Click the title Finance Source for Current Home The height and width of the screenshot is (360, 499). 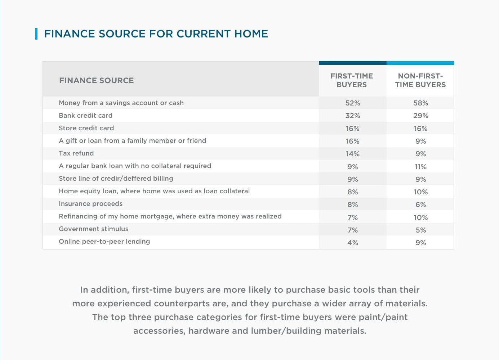pyautogui.click(x=156, y=34)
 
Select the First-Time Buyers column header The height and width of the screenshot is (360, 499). pyautogui.click(x=352, y=80)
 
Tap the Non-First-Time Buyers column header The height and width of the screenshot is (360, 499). pyautogui.click(x=420, y=80)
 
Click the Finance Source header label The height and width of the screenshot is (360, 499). pyautogui.click(x=96, y=81)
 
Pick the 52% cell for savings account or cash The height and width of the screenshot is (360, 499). pyautogui.click(x=352, y=103)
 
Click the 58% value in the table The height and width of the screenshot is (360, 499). pyautogui.click(x=420, y=103)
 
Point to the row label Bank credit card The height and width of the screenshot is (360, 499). pyautogui.click(x=85, y=116)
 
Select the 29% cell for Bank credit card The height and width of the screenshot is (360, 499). pyautogui.click(x=420, y=116)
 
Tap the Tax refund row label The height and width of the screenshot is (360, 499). pyautogui.click(x=76, y=153)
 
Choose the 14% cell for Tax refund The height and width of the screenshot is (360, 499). pyautogui.click(x=352, y=154)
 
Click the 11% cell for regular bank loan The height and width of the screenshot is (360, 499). pyautogui.click(x=420, y=167)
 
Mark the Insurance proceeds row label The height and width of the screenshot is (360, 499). pyautogui.click(x=90, y=204)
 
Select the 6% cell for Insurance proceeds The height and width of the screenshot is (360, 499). pyautogui.click(x=420, y=204)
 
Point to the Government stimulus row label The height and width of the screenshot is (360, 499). pyautogui.click(x=93, y=229)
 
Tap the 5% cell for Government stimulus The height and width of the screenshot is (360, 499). pyautogui.click(x=420, y=230)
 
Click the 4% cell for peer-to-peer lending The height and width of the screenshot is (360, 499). pyautogui.click(x=352, y=243)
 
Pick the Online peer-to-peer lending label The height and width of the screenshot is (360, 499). pyautogui.click(x=104, y=242)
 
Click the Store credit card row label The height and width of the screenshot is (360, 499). pyautogui.click(x=86, y=128)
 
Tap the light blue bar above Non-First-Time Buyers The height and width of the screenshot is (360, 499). pyautogui.click(x=420, y=63)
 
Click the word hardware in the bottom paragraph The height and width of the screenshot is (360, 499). pyautogui.click(x=209, y=331)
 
